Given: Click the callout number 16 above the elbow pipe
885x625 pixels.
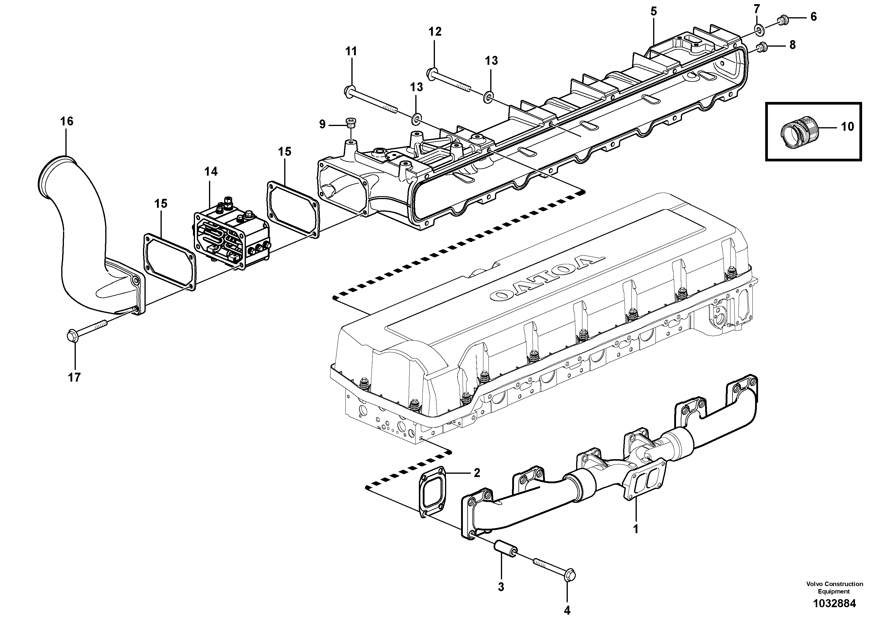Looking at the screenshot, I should pos(66,121).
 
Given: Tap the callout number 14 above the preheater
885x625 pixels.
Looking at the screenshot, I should pos(211,171).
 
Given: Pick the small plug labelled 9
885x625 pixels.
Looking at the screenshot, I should pos(351,122).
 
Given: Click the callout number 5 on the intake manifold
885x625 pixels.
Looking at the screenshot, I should pos(653,12).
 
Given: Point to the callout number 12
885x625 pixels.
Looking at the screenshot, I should pos(435,32).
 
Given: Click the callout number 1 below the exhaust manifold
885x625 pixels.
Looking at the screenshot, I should pos(636,529).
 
